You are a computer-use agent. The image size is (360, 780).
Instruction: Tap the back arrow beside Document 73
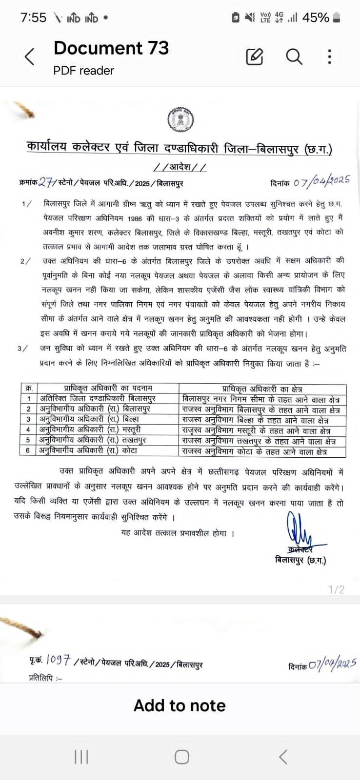pos(30,57)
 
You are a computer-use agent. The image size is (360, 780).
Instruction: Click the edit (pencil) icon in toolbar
pos(255,57)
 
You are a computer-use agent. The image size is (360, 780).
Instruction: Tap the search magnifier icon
pos(294,57)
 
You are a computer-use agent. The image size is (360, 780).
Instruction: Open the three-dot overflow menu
pos(330,57)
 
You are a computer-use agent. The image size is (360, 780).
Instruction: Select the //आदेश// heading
pos(180,167)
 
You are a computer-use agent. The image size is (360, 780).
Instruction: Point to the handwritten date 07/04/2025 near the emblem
pos(322,182)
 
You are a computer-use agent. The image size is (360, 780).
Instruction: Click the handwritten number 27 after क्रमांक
pos(47,182)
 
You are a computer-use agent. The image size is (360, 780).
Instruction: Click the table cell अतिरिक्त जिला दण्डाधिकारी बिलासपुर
pos(98,399)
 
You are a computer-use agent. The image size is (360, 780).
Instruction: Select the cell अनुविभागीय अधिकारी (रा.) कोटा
pos(88,451)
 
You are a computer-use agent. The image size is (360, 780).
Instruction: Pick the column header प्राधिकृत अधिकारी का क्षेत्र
pos(262,389)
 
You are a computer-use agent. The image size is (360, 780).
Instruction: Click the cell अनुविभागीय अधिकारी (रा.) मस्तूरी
pos(90,430)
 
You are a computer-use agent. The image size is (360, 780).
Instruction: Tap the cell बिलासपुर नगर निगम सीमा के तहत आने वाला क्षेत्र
pos(260,399)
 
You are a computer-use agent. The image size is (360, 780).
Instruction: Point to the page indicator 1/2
pos(337,589)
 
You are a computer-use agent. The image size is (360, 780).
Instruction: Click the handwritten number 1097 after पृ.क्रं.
pos(59,660)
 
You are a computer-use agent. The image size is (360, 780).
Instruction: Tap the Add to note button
pos(180,705)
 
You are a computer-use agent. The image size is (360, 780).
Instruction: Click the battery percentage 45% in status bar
pos(316,18)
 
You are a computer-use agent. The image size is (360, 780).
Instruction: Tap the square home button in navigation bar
pos(182,757)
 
